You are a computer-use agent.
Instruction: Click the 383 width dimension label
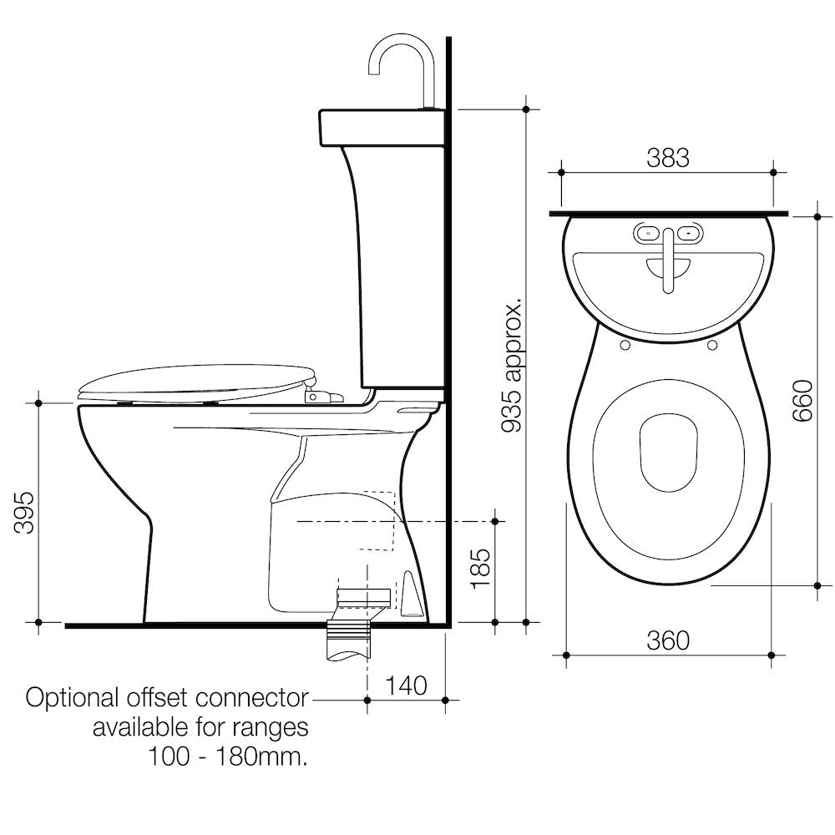668,158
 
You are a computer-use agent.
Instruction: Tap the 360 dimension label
668,640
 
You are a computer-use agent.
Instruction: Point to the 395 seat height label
24,513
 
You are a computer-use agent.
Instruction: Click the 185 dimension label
480,568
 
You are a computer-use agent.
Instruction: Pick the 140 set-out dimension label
406,686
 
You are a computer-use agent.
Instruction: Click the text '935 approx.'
514,367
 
